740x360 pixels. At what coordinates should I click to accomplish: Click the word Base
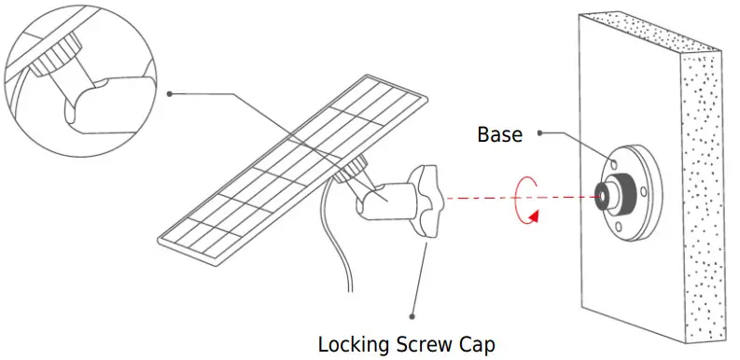[499, 133]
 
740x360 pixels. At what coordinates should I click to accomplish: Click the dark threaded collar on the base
[622, 195]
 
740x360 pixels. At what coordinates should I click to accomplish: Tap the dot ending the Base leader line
[542, 133]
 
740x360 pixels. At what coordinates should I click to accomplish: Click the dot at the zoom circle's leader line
[170, 93]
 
